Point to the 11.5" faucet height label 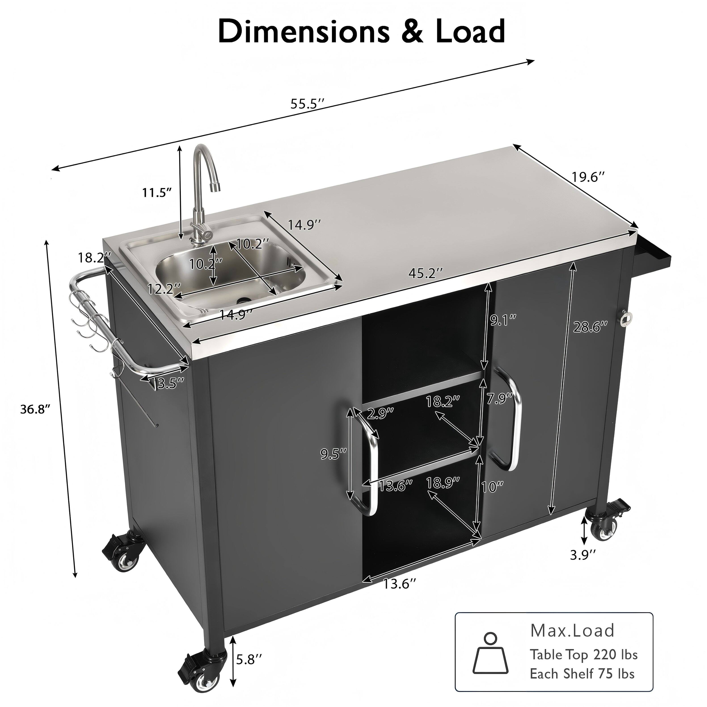coord(157,192)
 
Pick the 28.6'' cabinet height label coord(590,327)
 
